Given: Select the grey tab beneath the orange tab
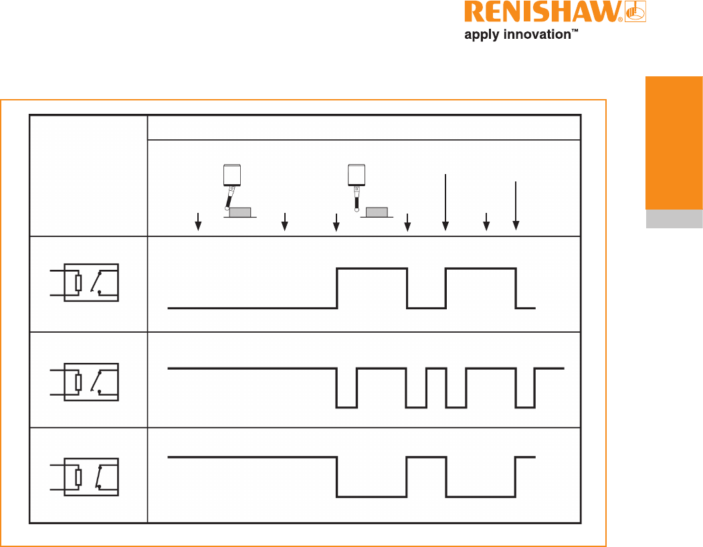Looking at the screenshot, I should [674, 219].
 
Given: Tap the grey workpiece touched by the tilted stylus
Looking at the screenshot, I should [240, 212].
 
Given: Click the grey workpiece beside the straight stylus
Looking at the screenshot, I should [377, 212].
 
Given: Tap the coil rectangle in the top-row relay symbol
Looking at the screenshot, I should [78, 283].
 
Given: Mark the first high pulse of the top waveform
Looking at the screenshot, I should [372, 269].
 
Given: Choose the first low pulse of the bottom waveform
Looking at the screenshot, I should [372, 495].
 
